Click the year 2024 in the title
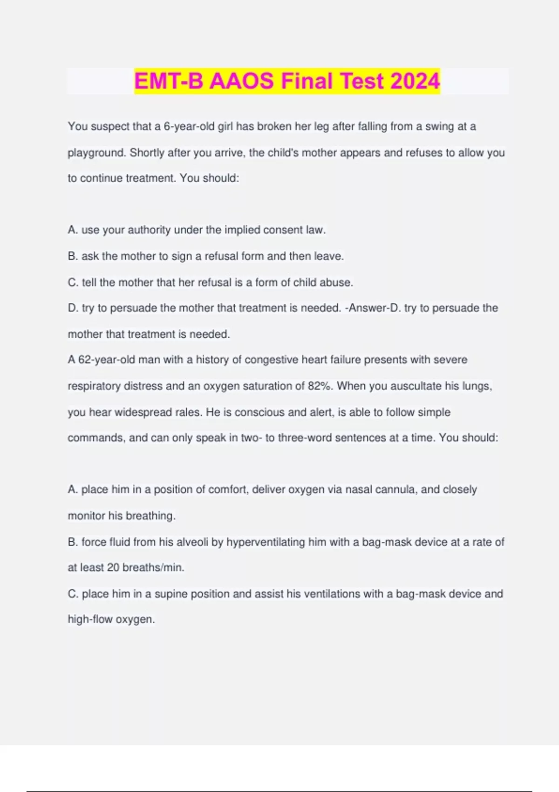(415, 81)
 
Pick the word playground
(96, 153)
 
